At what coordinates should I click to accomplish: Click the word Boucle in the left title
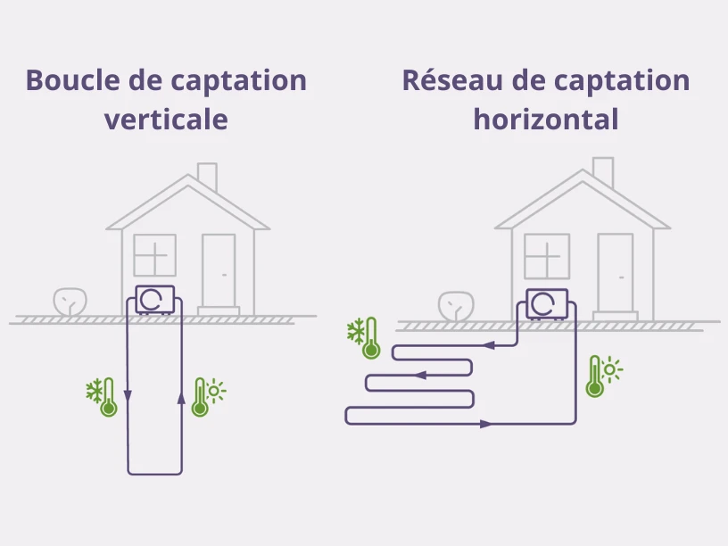(69, 80)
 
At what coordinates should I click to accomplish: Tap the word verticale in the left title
(166, 119)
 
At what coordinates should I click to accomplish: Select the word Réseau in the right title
(451, 80)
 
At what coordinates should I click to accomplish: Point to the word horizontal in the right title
(545, 119)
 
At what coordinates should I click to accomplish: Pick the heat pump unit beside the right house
(547, 303)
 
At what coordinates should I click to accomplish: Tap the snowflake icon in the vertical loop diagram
(95, 390)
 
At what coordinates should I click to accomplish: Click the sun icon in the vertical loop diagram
(216, 390)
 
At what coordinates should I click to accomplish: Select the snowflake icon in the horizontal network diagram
(356, 332)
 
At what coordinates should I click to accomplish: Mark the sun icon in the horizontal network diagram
(611, 368)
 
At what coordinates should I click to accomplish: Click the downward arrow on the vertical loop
(128, 395)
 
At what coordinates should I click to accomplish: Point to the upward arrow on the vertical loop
(182, 397)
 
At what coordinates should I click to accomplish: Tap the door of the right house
(616, 272)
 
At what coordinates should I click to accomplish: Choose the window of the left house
(154, 255)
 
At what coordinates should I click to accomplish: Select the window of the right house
(546, 257)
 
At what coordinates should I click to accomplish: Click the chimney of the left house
(207, 176)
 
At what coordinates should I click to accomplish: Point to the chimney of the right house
(603, 171)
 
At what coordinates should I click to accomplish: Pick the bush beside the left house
(70, 302)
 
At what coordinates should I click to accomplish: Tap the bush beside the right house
(455, 306)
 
